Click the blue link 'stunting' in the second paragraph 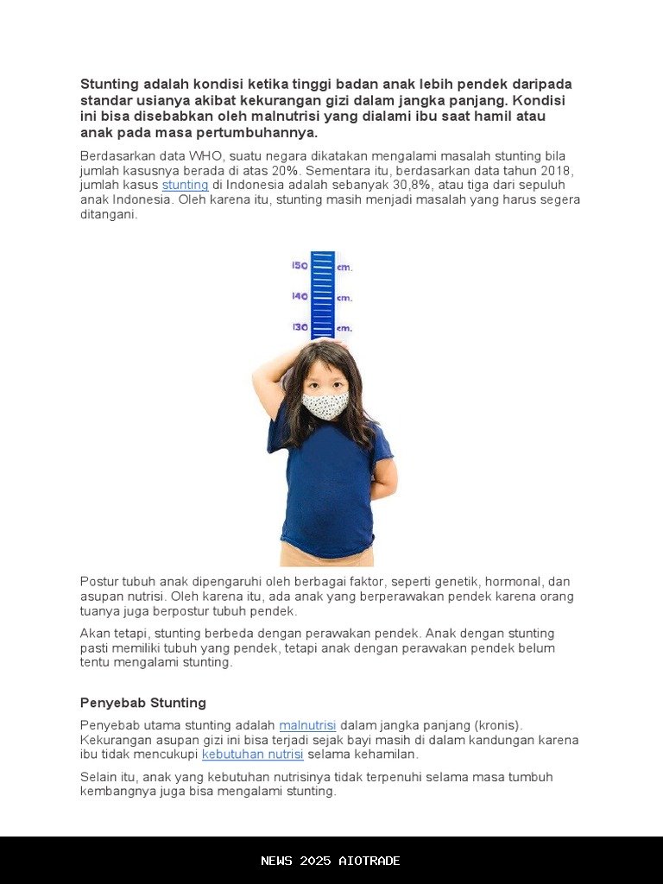click(185, 185)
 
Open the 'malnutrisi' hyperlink click(307, 725)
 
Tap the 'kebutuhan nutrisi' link click(252, 755)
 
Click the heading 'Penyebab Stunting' click(143, 703)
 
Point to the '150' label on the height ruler click(300, 266)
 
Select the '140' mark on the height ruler click(300, 296)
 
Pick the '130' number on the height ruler click(300, 327)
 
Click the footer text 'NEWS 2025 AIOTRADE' click(331, 861)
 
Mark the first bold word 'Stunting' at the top click(109, 84)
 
